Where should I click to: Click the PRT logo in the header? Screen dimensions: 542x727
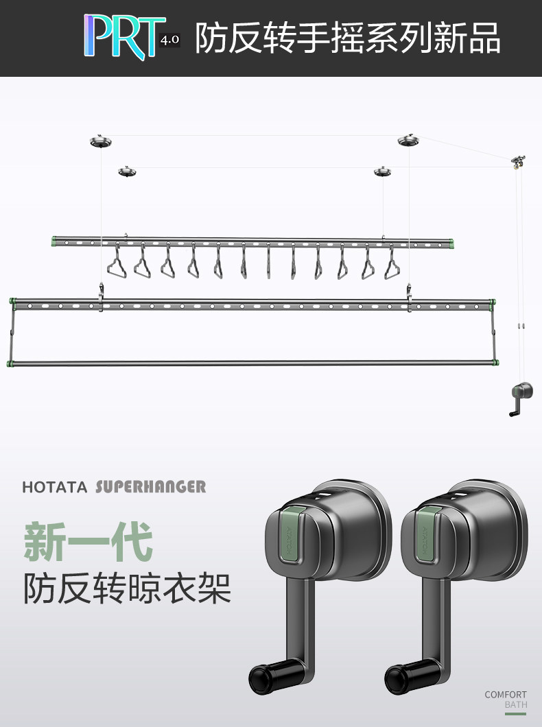124,37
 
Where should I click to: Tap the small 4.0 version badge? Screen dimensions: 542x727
169,40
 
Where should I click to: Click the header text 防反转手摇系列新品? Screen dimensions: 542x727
348,38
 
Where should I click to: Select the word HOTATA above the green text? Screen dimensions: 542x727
55,487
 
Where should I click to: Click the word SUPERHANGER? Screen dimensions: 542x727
151,486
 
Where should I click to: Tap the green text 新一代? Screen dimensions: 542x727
88,541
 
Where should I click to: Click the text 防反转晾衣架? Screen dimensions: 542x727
127,588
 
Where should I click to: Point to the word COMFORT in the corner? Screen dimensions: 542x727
506,695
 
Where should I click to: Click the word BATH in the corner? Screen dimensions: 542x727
516,705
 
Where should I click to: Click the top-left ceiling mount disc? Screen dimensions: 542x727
101,141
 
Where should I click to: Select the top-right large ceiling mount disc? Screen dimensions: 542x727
408,140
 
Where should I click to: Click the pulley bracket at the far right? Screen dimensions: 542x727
519,162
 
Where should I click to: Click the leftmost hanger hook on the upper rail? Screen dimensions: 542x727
117,262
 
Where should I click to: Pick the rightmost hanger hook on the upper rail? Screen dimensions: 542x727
392,262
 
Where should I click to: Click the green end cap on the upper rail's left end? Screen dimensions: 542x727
54,241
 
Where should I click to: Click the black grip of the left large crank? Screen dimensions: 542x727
266,679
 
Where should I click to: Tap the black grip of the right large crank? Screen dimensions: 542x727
401,679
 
